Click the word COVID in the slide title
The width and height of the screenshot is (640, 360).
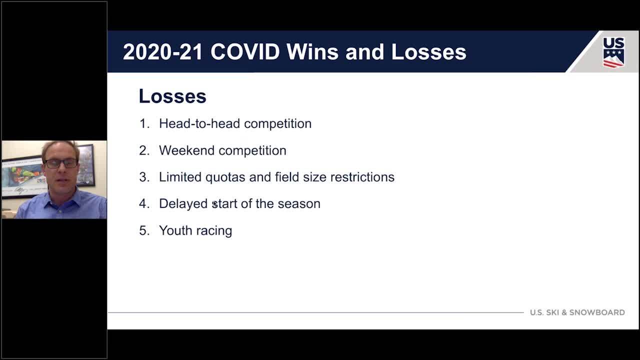[x=245, y=52]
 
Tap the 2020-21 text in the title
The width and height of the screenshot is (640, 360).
[x=162, y=52]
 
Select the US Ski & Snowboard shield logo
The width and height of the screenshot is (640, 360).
[x=613, y=52]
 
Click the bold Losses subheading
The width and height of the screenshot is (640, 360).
[x=172, y=96]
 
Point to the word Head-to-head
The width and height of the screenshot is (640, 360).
[x=199, y=123]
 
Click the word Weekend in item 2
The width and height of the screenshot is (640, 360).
[x=186, y=150]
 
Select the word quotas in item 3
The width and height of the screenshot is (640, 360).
[x=225, y=177]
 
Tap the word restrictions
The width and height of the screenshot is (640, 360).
[x=362, y=177]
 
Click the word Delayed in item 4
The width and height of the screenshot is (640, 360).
[x=183, y=204]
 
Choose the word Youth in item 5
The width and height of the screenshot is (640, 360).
[x=175, y=230]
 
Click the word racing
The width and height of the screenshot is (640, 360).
[x=214, y=231]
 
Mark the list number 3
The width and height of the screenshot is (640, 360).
[x=144, y=177]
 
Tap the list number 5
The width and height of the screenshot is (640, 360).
[x=144, y=230]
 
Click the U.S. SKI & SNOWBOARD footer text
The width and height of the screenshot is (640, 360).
[x=577, y=312]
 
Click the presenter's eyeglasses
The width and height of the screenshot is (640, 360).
[x=61, y=163]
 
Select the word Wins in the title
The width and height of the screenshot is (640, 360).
[x=312, y=52]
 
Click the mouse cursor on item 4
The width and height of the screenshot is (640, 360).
[x=214, y=204]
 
